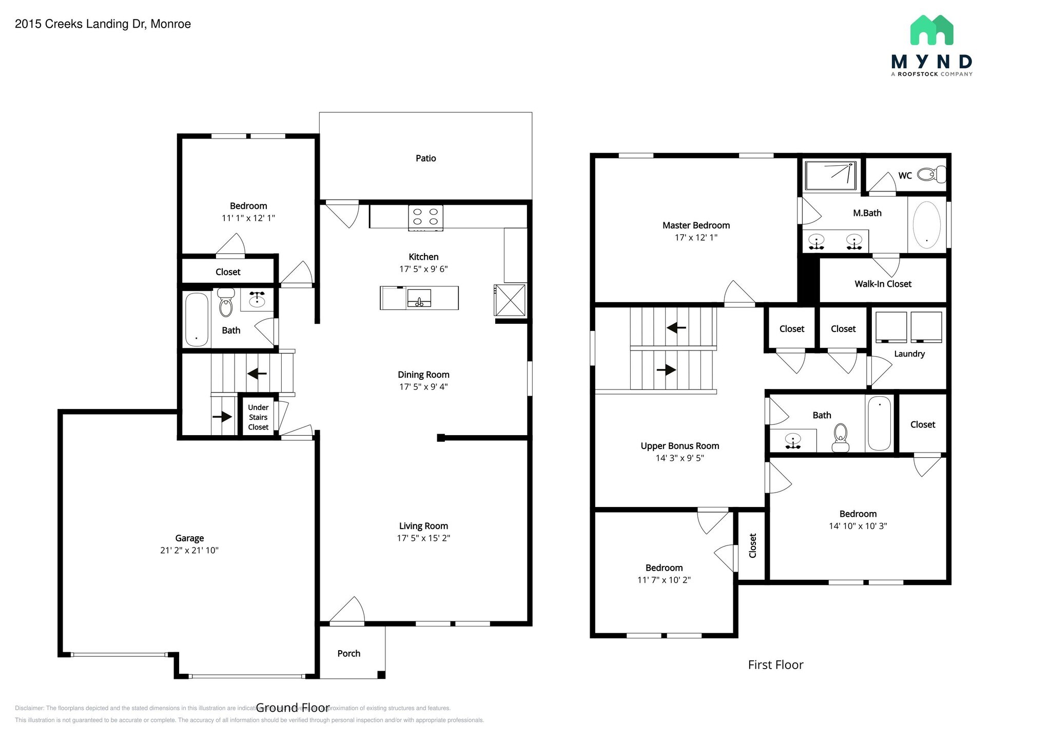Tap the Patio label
[x=425, y=159]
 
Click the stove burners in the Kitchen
[x=425, y=217]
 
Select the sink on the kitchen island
[x=419, y=298]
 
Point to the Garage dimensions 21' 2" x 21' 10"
[x=189, y=551]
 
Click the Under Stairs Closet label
[x=258, y=417]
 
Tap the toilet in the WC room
[x=931, y=174]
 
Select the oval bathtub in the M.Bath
[x=926, y=225]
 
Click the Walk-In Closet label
[x=883, y=284]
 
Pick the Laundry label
[x=909, y=354]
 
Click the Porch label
[x=348, y=653]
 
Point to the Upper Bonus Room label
[x=679, y=446]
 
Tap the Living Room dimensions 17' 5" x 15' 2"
[x=423, y=538]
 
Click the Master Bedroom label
[x=696, y=225]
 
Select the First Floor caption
[x=775, y=665]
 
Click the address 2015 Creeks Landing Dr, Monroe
[x=103, y=24]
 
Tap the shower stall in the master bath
[x=830, y=176]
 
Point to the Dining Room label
[x=423, y=375]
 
